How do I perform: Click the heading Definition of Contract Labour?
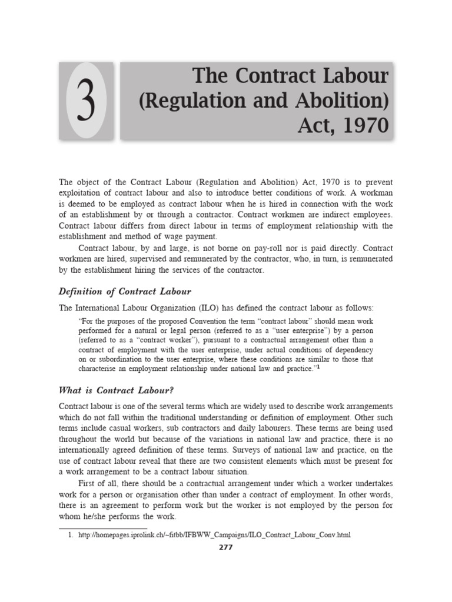(x=125, y=292)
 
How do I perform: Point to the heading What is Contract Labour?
(x=117, y=390)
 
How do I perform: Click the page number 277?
(x=225, y=547)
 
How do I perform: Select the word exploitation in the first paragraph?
(x=87, y=192)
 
